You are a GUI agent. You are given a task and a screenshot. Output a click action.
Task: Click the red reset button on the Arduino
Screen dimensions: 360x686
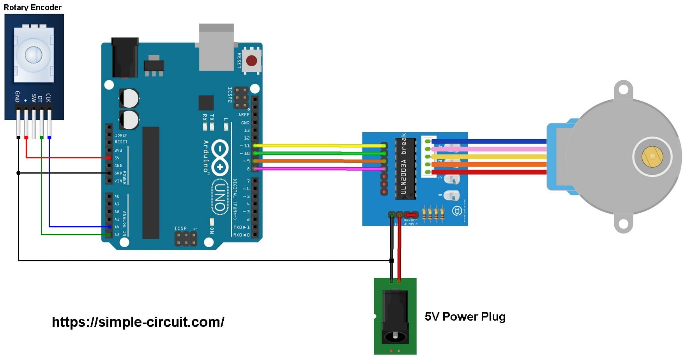251,60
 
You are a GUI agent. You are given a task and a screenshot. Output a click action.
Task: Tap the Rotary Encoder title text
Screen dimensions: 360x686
33,7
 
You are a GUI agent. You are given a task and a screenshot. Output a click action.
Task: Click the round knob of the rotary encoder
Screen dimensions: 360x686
34,55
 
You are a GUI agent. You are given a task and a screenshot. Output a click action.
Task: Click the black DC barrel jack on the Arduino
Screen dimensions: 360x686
125,58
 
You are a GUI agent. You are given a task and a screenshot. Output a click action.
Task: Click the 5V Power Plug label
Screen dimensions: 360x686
465,316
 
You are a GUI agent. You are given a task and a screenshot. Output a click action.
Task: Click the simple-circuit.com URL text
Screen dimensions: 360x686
138,322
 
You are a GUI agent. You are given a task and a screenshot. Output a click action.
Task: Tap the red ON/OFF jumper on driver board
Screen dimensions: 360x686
411,215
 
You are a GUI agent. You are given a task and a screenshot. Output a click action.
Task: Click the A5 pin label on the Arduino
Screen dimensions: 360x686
117,235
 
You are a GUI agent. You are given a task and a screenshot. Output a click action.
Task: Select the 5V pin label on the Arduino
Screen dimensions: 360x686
117,158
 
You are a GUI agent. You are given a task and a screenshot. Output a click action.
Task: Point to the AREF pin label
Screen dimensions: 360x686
244,115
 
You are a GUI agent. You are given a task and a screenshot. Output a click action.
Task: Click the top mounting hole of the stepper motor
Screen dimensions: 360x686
623,90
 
